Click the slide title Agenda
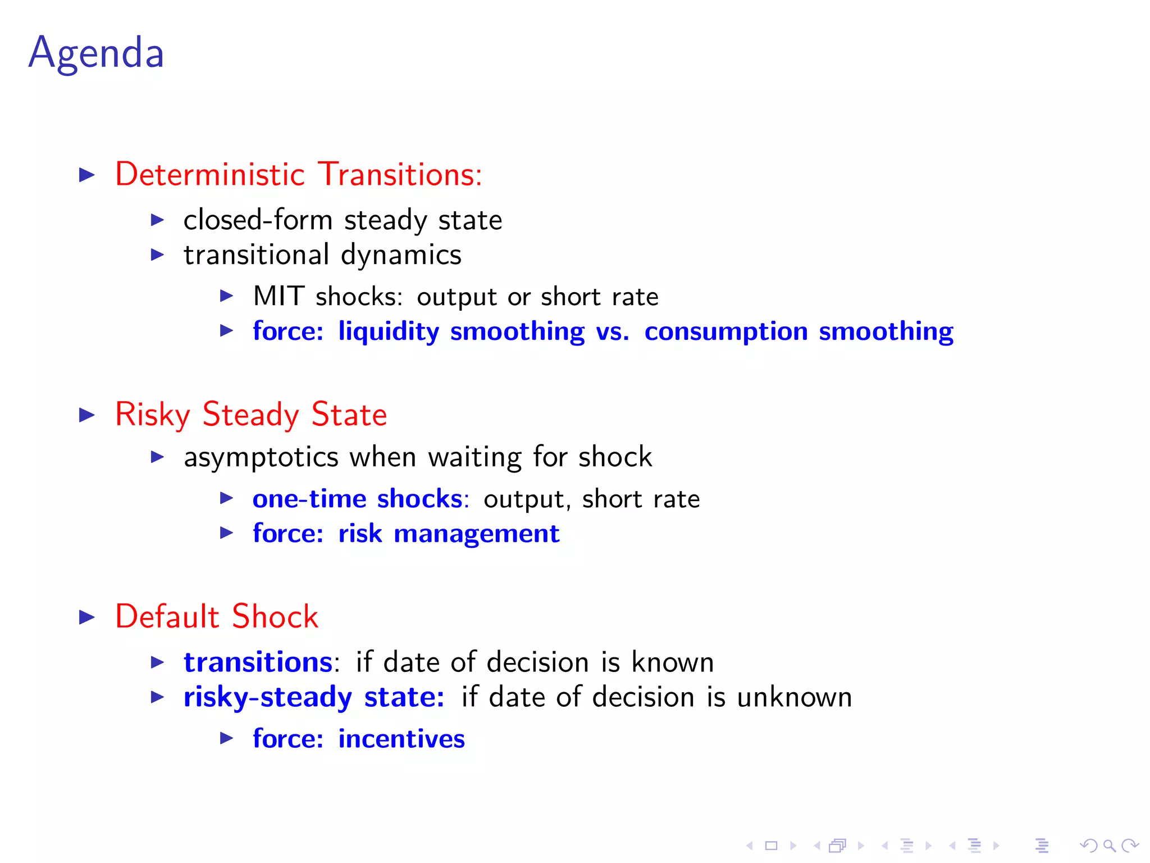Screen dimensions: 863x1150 tap(96, 53)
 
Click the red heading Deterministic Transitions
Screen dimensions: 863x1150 tap(298, 174)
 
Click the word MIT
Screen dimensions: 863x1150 tap(279, 296)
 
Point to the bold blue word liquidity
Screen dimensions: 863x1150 tap(389, 331)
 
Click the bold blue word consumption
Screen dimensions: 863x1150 tap(725, 331)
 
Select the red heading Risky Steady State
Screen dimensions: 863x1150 tap(251, 415)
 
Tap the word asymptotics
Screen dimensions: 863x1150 tap(261, 457)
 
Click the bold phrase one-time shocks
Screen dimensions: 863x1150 tap(358, 499)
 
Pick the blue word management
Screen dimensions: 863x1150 tap(476, 534)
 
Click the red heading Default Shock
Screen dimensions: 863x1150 tap(217, 616)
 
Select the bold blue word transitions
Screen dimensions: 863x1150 tap(258, 662)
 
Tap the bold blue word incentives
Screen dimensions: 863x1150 tap(401, 739)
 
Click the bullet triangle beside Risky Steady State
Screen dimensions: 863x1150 tap(87, 415)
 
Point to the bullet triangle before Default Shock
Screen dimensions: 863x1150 tap(87, 617)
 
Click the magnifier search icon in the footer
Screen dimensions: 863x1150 tap(1109, 845)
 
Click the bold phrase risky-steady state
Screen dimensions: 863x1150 tap(313, 697)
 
